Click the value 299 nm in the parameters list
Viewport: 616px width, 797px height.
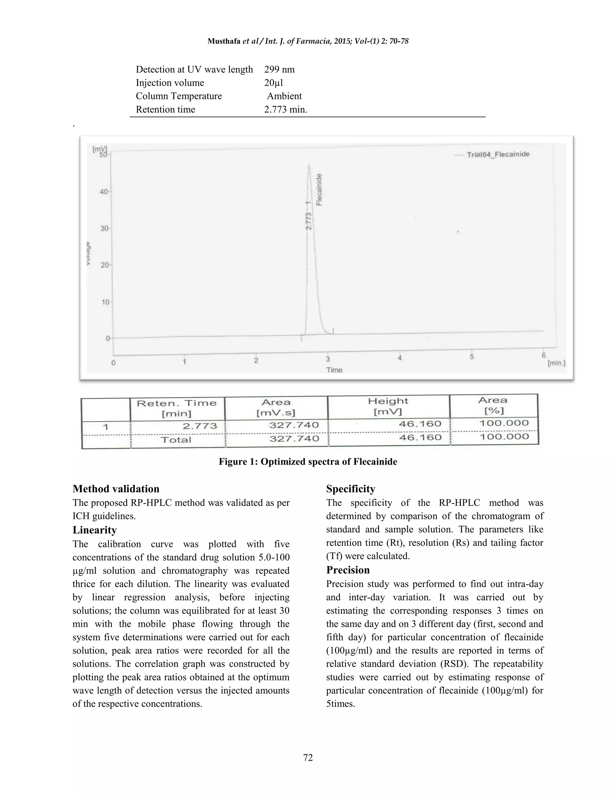tap(279, 69)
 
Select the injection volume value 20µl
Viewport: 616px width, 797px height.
tap(273, 83)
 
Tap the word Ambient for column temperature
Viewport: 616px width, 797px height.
tap(284, 96)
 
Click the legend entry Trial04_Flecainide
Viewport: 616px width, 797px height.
tap(498, 154)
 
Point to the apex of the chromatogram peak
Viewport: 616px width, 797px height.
tap(309, 166)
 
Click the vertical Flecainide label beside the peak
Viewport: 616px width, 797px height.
tap(319, 189)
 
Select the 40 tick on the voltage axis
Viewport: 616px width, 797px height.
tap(104, 192)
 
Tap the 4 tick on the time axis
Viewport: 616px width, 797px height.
tap(400, 358)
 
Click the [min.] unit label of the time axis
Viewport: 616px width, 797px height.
tap(556, 363)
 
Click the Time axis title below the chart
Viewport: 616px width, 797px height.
tap(334, 370)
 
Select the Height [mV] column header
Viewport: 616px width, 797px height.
tap(388, 406)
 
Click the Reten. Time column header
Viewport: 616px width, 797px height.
tap(177, 408)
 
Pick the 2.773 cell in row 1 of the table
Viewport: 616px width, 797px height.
tap(200, 426)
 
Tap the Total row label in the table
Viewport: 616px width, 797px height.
tap(176, 440)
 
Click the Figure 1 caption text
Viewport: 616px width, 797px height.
tap(308, 462)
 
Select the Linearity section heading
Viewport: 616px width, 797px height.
tap(94, 530)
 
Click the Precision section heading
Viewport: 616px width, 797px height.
tap(348, 570)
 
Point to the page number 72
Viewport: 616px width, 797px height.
tap(308, 758)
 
